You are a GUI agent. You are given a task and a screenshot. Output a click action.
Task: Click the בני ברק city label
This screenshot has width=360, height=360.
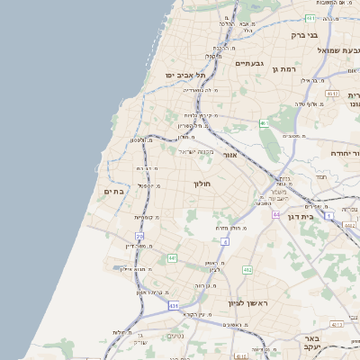click(304, 35)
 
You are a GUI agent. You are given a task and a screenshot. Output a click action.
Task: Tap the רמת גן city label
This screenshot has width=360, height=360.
click(287, 68)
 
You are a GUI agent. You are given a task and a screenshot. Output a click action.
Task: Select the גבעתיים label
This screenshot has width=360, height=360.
click(248, 64)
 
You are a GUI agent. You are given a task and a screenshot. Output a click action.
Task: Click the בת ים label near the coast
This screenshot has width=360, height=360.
click(113, 191)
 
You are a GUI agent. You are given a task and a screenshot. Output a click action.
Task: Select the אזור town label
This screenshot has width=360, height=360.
click(229, 155)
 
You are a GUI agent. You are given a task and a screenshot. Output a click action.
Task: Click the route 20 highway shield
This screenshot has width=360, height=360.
click(139, 236)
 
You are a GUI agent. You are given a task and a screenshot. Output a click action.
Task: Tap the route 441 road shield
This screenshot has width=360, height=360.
click(172, 258)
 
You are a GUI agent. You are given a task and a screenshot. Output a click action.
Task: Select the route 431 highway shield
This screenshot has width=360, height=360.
click(174, 306)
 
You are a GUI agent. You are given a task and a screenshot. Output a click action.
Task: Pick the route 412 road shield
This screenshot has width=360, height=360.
click(247, 269)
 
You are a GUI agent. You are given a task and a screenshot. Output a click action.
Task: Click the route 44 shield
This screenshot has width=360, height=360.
click(276, 215)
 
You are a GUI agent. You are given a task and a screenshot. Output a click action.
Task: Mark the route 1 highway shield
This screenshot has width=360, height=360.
click(329, 216)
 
